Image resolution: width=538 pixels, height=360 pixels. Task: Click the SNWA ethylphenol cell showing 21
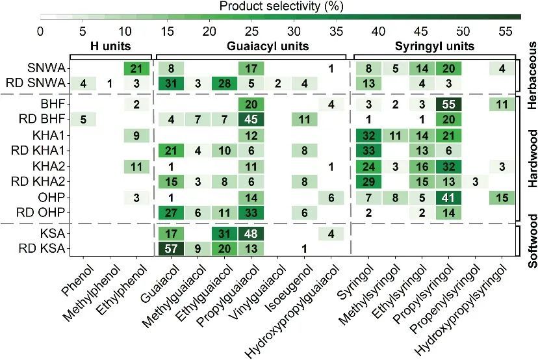point(137,68)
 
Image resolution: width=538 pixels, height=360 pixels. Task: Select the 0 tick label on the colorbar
point(40,31)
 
